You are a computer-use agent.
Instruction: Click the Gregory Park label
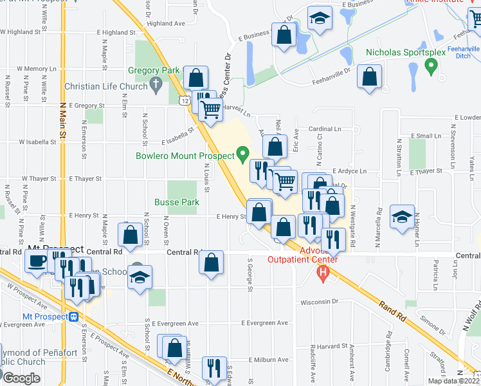tap(153, 70)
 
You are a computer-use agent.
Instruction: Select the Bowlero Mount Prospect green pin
tap(242, 153)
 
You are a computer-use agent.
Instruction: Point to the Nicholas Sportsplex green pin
tap(433, 65)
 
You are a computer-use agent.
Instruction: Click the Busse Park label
tap(176, 201)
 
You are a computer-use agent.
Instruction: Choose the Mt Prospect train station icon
tap(75, 317)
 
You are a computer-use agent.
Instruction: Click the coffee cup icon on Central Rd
tap(35, 261)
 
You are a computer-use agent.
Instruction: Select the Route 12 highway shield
tap(185, 101)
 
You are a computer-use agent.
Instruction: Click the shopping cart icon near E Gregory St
tap(210, 110)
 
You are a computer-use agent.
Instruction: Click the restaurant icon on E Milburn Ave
tap(212, 368)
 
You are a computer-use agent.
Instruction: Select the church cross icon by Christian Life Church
tap(155, 84)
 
